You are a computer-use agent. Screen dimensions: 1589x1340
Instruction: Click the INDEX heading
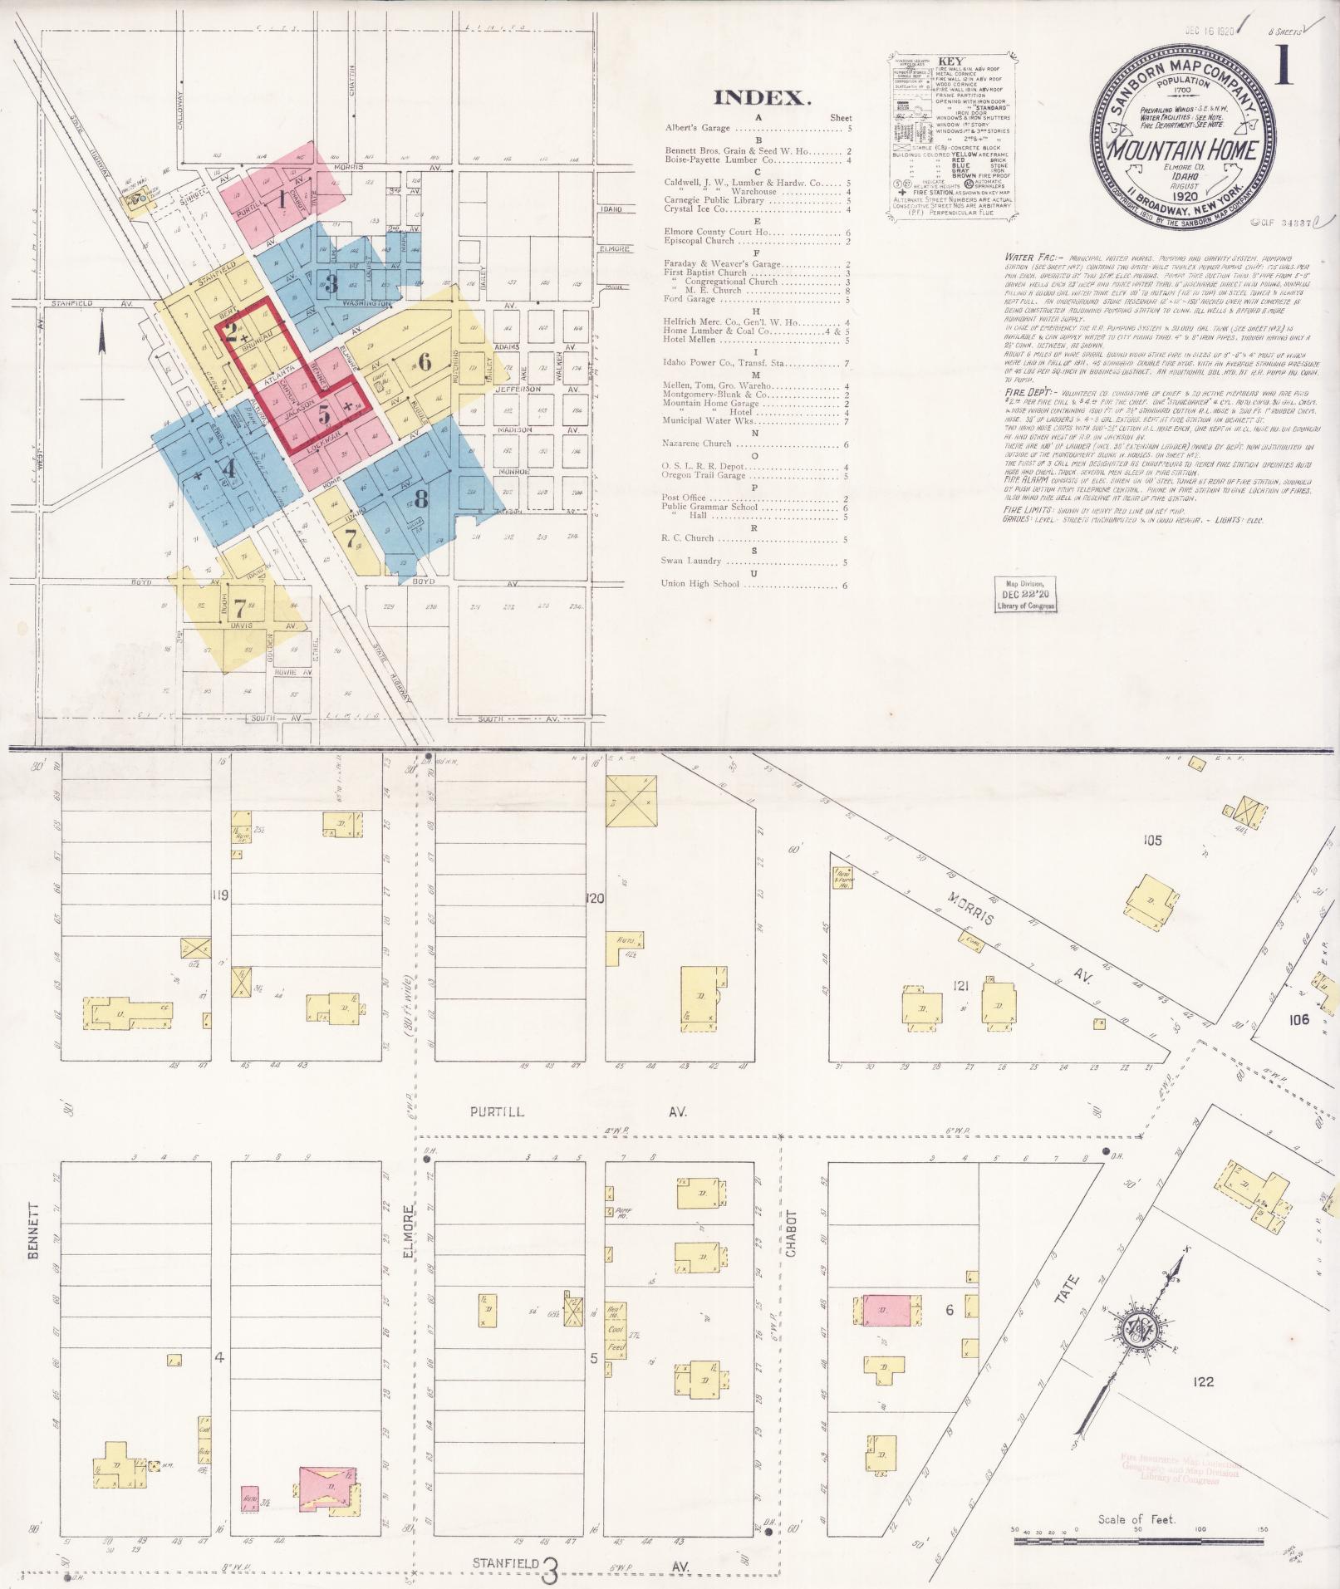[762, 99]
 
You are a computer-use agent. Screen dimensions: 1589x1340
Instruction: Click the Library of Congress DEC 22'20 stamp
[1027, 595]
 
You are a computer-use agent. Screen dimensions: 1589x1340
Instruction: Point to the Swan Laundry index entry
[692, 562]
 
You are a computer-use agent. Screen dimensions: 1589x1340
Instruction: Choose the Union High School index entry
[699, 584]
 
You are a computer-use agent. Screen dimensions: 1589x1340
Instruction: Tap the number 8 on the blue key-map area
[421, 499]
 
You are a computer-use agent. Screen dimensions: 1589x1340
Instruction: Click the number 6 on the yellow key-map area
[425, 362]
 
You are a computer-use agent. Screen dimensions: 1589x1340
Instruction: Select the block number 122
[1202, 1381]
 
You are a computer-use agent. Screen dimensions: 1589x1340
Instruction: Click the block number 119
[219, 895]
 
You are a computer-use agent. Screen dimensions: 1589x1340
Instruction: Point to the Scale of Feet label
[1141, 1520]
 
